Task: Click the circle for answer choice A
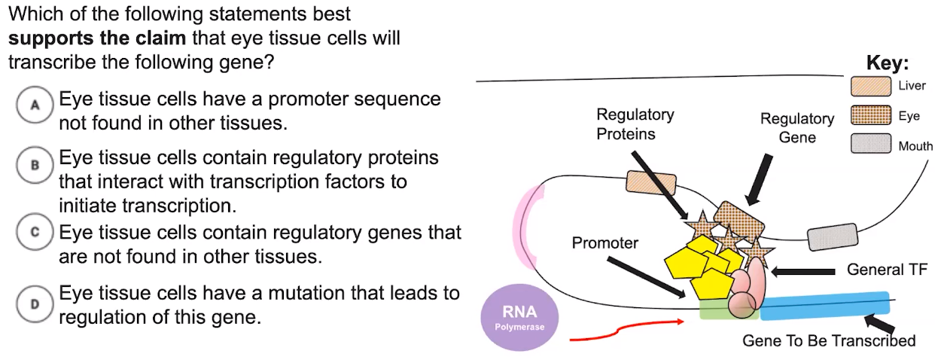point(35,105)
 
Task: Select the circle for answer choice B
point(35,164)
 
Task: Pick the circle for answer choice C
point(35,233)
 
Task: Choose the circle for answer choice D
point(35,304)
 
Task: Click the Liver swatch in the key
point(871,86)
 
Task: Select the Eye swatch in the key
point(871,116)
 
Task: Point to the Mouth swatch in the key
point(871,144)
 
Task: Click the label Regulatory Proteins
point(635,124)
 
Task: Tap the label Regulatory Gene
point(796,128)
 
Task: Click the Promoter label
point(605,243)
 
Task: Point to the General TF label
point(887,270)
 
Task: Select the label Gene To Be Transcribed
point(829,340)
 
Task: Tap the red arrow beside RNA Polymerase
point(625,329)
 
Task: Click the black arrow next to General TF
point(803,270)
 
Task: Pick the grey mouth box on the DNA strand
point(833,236)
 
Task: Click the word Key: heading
point(888,63)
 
